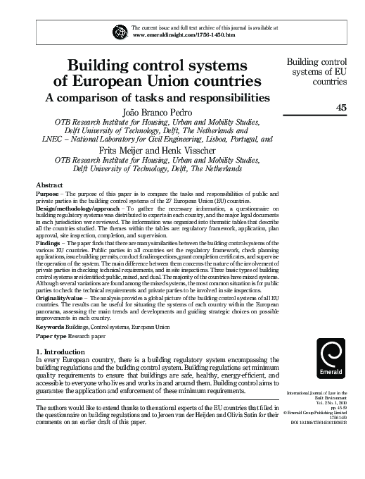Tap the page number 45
click(342, 107)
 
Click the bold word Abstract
click(50, 185)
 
